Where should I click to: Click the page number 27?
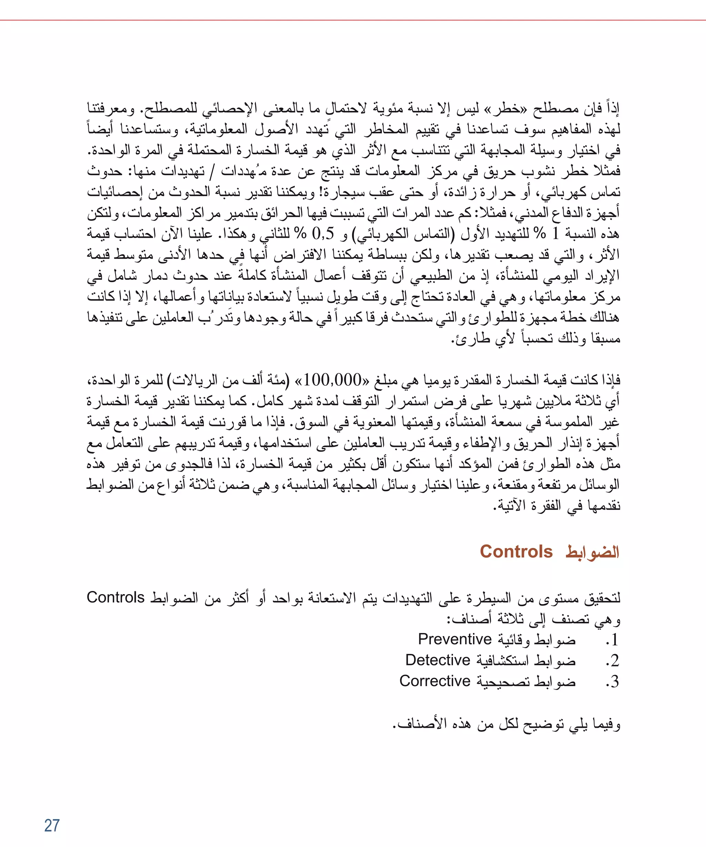click(52, 826)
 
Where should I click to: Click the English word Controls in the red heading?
click(516, 552)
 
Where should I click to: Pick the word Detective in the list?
click(438, 660)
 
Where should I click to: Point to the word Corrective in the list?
click(435, 681)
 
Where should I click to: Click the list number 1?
click(614, 640)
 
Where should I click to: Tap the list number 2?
click(614, 661)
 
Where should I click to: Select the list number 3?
click(614, 682)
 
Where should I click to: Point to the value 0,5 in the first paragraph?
click(323, 234)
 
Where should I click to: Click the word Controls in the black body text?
click(115, 597)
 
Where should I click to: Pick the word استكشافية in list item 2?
click(503, 661)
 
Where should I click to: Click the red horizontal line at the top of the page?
click(353, 20)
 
